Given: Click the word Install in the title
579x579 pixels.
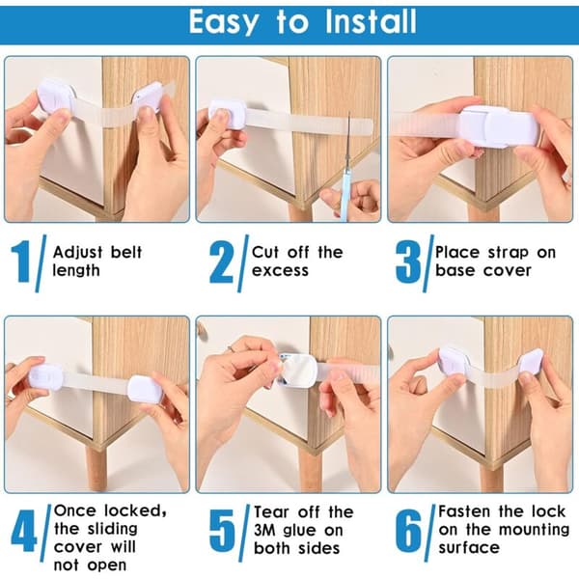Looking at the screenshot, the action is (x=371, y=22).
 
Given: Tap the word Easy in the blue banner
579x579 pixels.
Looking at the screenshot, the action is (x=224, y=23).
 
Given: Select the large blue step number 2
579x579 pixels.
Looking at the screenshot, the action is (x=222, y=262).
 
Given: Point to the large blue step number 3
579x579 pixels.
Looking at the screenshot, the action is (x=408, y=262).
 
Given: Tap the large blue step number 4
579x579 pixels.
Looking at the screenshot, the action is (x=24, y=531).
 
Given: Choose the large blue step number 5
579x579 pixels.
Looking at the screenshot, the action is (x=222, y=531).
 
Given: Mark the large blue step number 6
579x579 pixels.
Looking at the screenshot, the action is (x=408, y=531).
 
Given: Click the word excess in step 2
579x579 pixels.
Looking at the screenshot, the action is (x=280, y=271).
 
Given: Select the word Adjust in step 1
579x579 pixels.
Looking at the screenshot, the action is (x=77, y=254).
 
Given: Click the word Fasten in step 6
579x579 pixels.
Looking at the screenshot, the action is (x=464, y=511).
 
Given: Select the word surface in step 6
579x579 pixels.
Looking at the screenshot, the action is (x=469, y=548).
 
